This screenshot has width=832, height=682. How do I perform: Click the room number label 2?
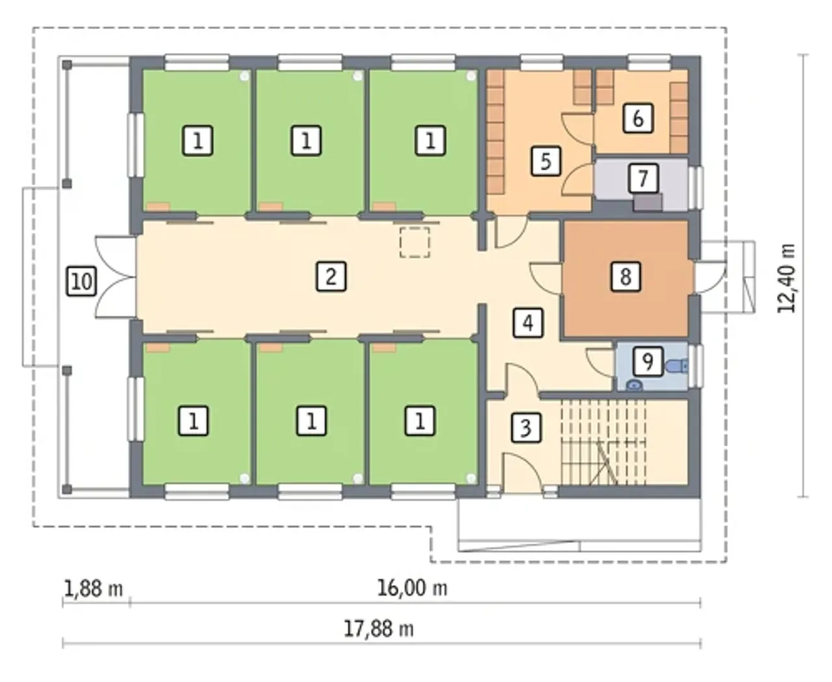click(x=331, y=276)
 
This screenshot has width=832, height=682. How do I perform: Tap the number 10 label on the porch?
click(x=82, y=281)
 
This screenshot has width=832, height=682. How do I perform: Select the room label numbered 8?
click(x=626, y=276)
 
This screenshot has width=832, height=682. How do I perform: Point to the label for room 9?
click(x=648, y=361)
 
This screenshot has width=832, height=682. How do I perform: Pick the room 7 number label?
click(x=643, y=178)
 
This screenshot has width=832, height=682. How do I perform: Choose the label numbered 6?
click(x=638, y=118)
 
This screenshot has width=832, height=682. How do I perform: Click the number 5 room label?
click(x=546, y=161)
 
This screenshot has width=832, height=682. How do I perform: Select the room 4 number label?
click(x=528, y=323)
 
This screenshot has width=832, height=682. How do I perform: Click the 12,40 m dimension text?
click(x=786, y=278)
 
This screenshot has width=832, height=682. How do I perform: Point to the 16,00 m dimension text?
click(x=412, y=588)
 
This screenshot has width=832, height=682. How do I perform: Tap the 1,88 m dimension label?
click(x=93, y=589)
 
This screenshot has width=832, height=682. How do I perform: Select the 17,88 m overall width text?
click(x=379, y=629)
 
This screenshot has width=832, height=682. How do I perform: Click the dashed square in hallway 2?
click(x=414, y=242)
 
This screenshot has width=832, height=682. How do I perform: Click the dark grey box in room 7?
click(x=647, y=203)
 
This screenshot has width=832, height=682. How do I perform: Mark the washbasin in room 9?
click(x=634, y=385)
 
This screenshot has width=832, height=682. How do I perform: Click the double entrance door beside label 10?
click(x=115, y=277)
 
